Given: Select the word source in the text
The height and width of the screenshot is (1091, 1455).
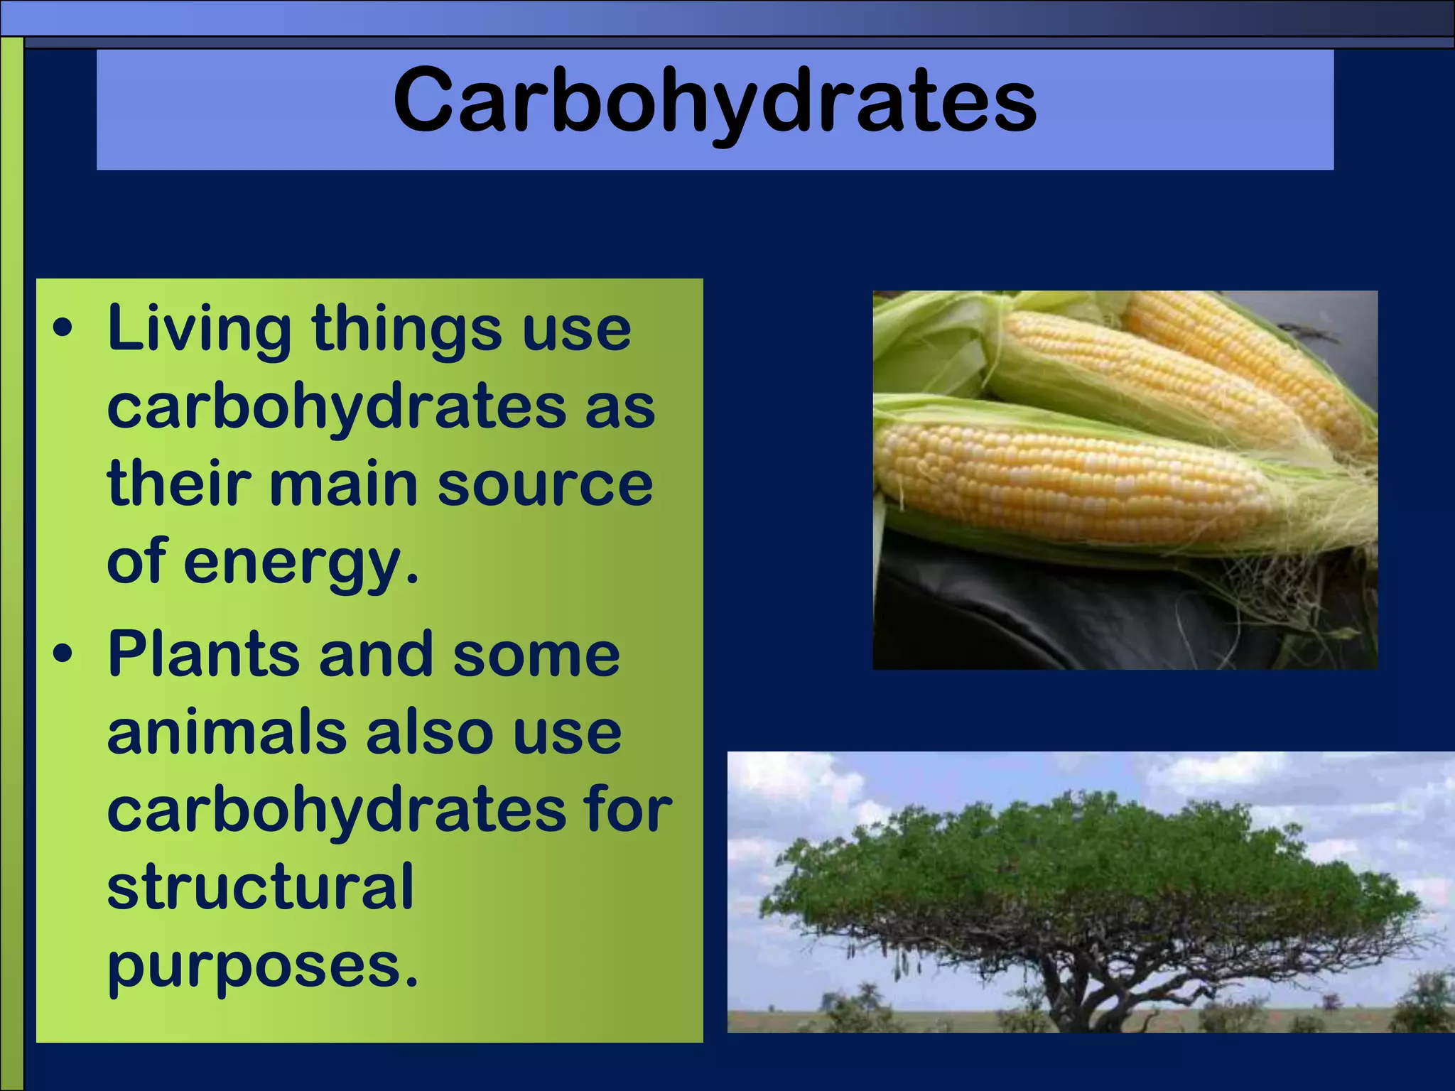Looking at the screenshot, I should point(545,484).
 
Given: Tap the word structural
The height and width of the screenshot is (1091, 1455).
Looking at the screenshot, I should point(260,888).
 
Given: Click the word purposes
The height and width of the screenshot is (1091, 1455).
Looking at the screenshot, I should point(263,967).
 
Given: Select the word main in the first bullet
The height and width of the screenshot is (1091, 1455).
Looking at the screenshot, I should point(344,484).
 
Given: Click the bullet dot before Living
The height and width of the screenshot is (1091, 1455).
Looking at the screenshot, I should point(63,329).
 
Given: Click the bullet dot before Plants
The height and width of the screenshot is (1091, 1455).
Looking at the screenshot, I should point(63,655).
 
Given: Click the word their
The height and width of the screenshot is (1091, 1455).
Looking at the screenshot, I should point(178,484).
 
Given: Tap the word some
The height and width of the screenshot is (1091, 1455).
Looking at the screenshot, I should point(536,655).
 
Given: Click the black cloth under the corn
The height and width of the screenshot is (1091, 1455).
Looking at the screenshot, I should point(1030,611).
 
